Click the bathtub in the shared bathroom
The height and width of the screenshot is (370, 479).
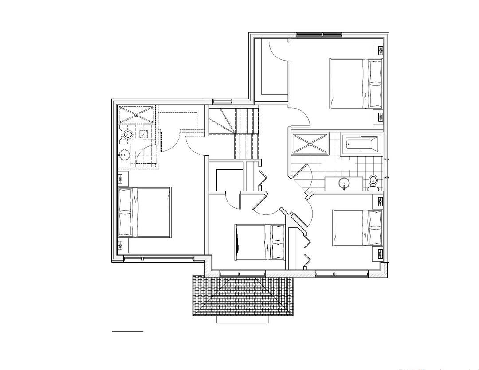pos(362,145)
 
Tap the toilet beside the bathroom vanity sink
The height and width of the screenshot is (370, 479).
pos(373,182)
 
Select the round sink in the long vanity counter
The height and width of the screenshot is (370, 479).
pos(344,183)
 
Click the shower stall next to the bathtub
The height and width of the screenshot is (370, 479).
pos(310,144)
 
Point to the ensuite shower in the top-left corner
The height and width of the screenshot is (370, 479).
pos(137,114)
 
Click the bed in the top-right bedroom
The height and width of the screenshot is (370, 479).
pos(356,84)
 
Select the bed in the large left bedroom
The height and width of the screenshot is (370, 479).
pos(145,212)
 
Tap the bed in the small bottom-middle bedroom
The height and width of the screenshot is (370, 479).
pos(259,242)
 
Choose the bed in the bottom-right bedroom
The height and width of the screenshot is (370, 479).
pos(357,228)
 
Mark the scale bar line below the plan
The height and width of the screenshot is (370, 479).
pos(128,331)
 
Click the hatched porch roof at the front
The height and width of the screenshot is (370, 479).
pos(243,295)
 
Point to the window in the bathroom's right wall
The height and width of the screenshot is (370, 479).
pos(387,168)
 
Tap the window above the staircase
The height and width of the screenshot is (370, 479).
pos(222,101)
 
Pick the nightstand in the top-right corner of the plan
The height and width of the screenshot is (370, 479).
pos(380,50)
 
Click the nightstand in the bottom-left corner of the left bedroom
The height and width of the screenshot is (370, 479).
pos(121,245)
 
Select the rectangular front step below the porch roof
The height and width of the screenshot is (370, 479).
pos(243,319)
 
